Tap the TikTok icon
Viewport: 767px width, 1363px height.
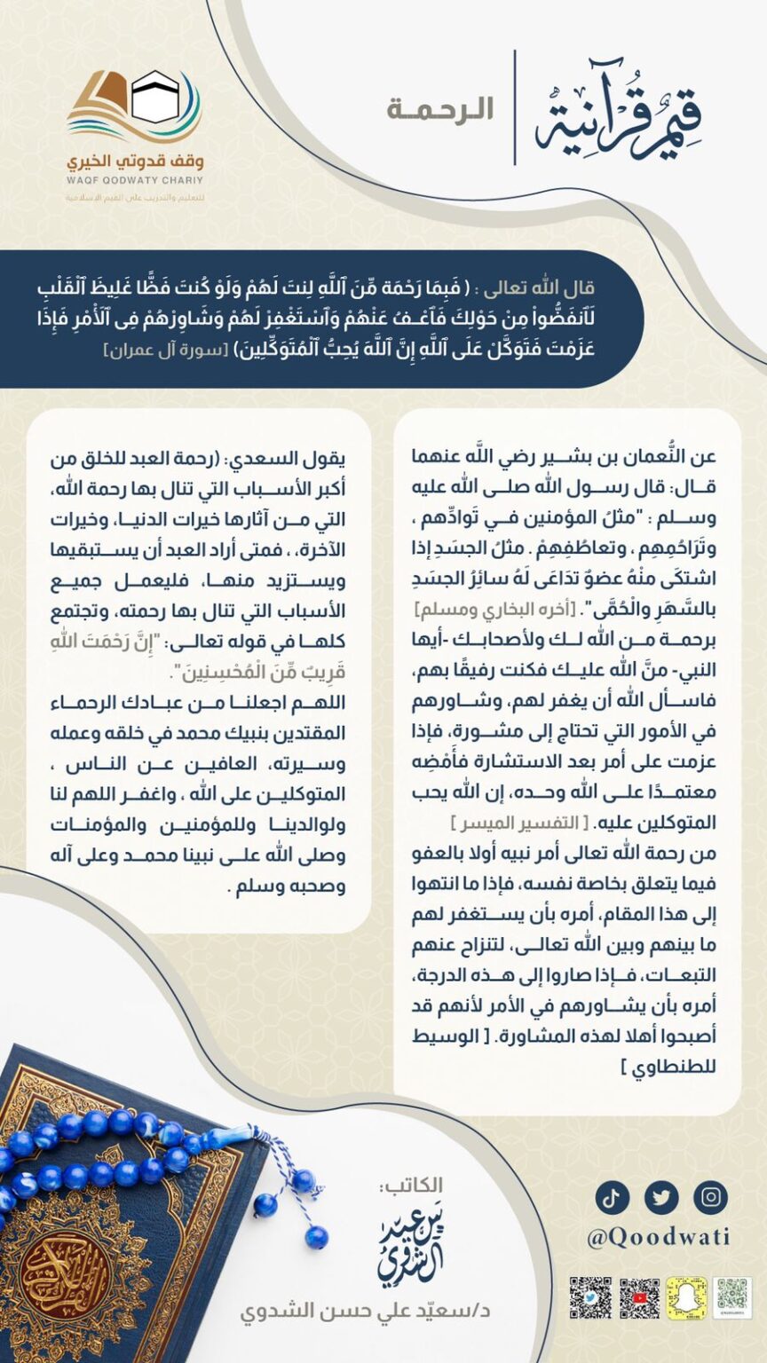612,1197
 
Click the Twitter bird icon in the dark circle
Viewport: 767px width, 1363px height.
661,1197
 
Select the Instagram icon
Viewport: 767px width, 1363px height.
710,1197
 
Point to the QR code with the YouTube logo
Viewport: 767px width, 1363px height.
639,1298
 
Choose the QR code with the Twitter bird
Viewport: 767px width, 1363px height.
590,1298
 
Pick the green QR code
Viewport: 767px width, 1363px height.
733,1297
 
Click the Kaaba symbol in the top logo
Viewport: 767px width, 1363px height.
155,97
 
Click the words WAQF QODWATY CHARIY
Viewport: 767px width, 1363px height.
135,181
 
